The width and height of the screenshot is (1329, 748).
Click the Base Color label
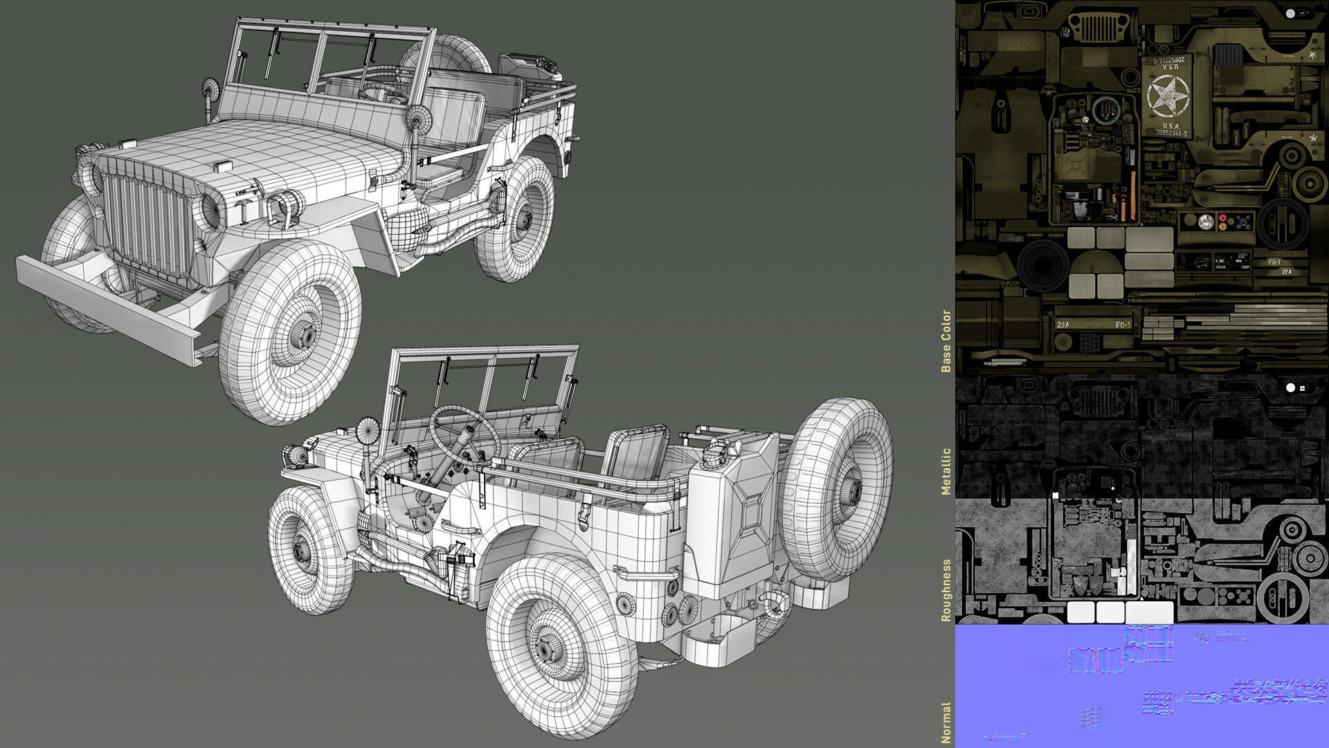click(946, 341)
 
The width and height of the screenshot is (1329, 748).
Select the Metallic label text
click(946, 471)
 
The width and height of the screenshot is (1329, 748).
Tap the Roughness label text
click(946, 590)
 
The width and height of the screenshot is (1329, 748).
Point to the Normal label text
click(946, 722)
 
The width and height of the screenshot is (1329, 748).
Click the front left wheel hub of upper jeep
click(307, 336)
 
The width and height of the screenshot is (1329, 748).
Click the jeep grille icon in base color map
click(1099, 28)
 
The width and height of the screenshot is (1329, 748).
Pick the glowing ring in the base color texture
click(1105, 111)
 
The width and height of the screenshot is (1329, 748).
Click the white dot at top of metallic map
click(1290, 388)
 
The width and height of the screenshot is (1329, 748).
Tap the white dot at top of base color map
click(1290, 13)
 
